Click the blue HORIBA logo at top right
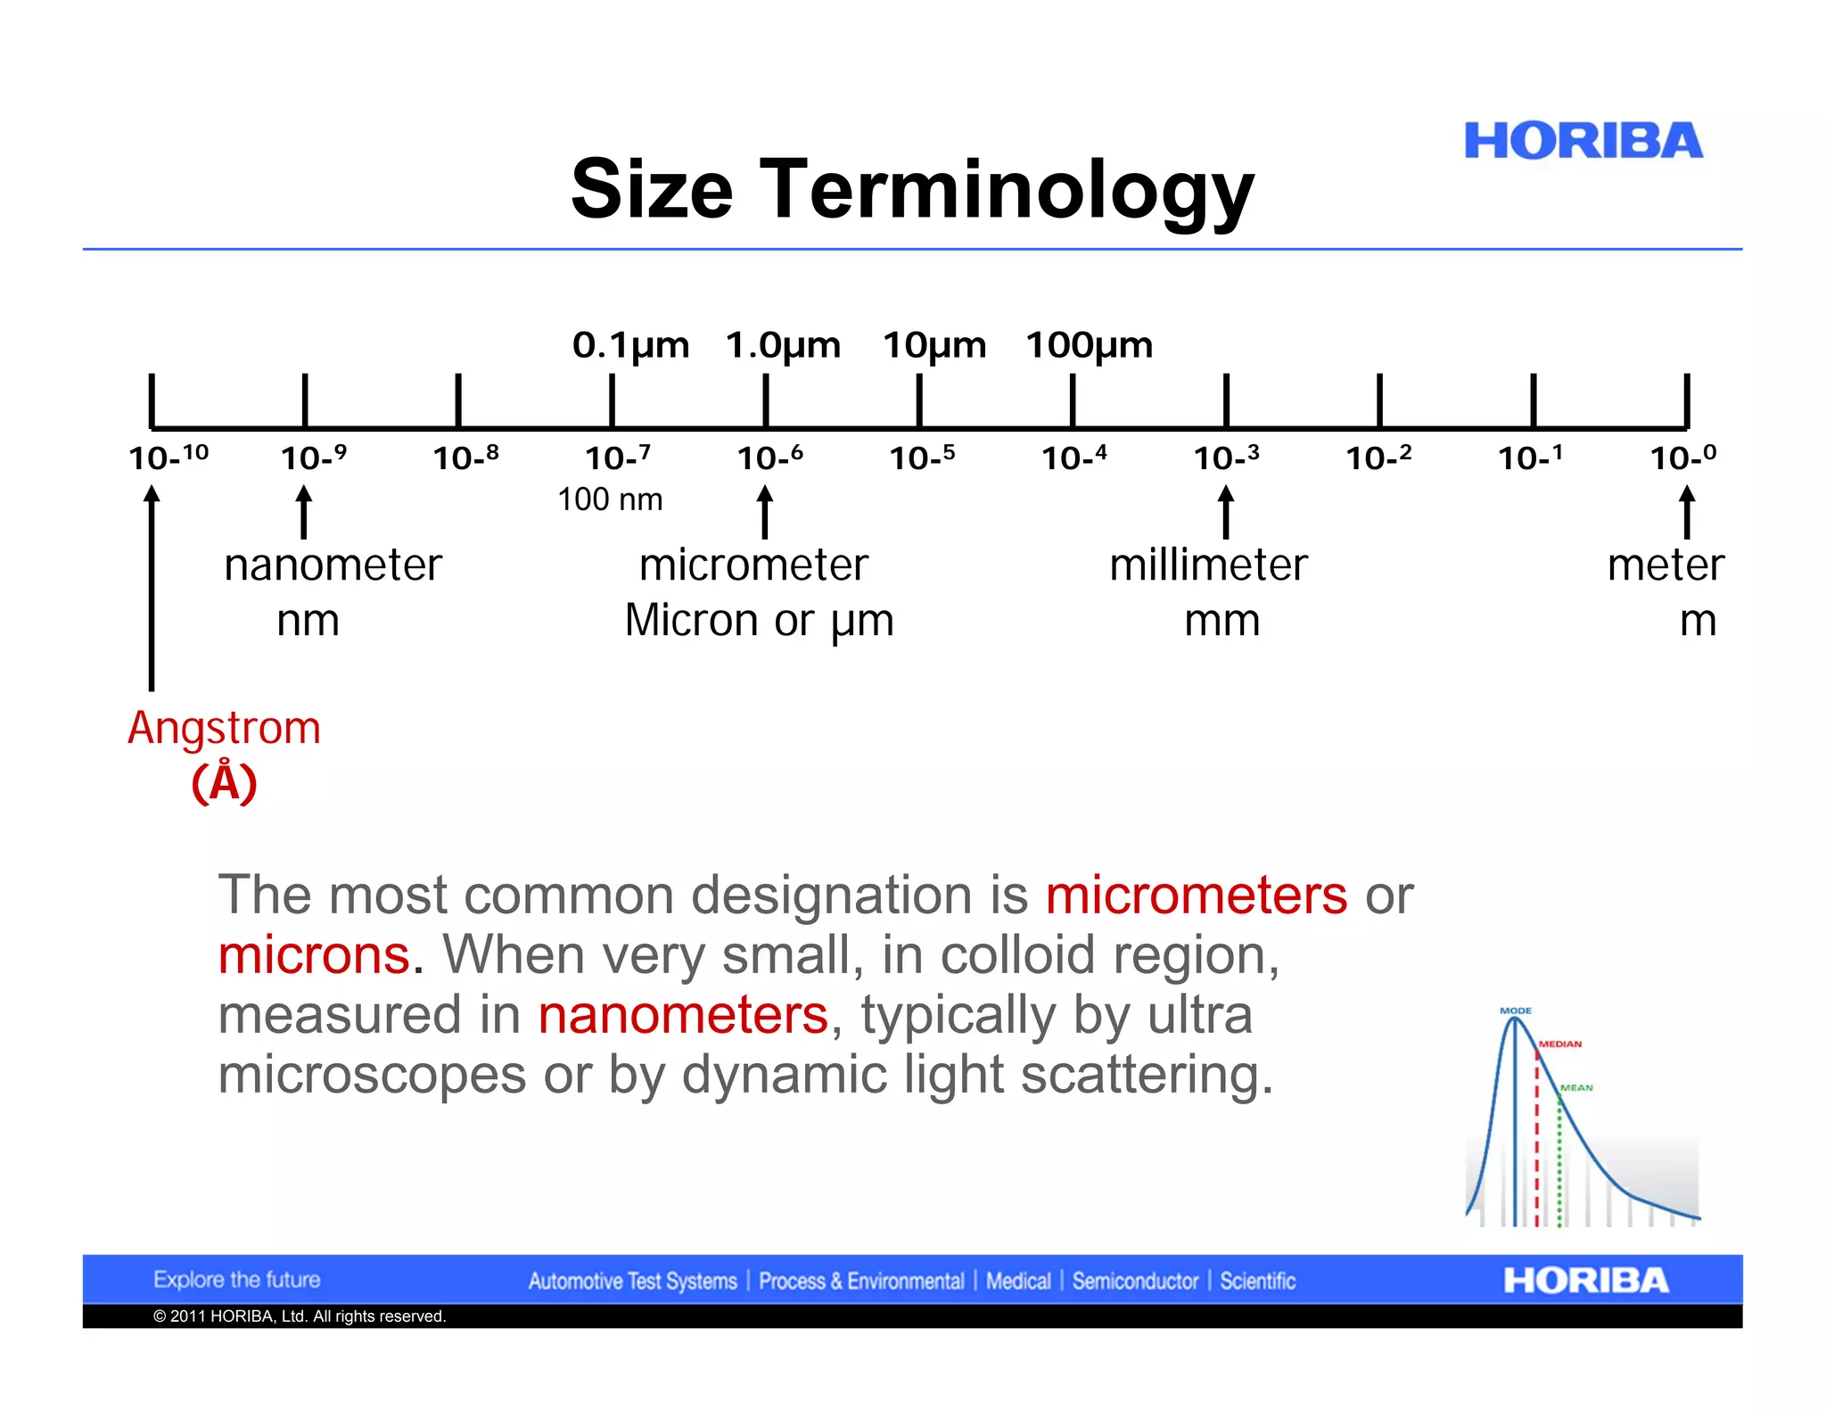pyautogui.click(x=1583, y=141)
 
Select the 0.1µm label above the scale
pyautogui.click(x=630, y=345)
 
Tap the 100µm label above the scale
pyautogui.click(x=1089, y=345)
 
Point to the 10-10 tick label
pyautogui.click(x=168, y=458)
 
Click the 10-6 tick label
pyautogui.click(x=769, y=458)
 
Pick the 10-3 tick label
pyautogui.click(x=1226, y=458)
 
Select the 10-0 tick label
pyautogui.click(x=1682, y=458)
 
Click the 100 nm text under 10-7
pyautogui.click(x=610, y=499)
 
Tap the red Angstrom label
pyautogui.click(x=224, y=729)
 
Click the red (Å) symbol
pyautogui.click(x=224, y=783)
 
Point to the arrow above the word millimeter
pyautogui.click(x=1226, y=512)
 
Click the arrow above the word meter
pyautogui.click(x=1686, y=512)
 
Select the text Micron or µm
pyautogui.click(x=759, y=621)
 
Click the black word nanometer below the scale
pyautogui.click(x=333, y=565)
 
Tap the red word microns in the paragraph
pyautogui.click(x=314, y=955)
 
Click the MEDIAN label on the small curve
pyautogui.click(x=1560, y=1044)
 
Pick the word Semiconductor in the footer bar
pyautogui.click(x=1135, y=1281)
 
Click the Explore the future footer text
pyautogui.click(x=236, y=1280)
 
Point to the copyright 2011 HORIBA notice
pyautogui.click(x=300, y=1316)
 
